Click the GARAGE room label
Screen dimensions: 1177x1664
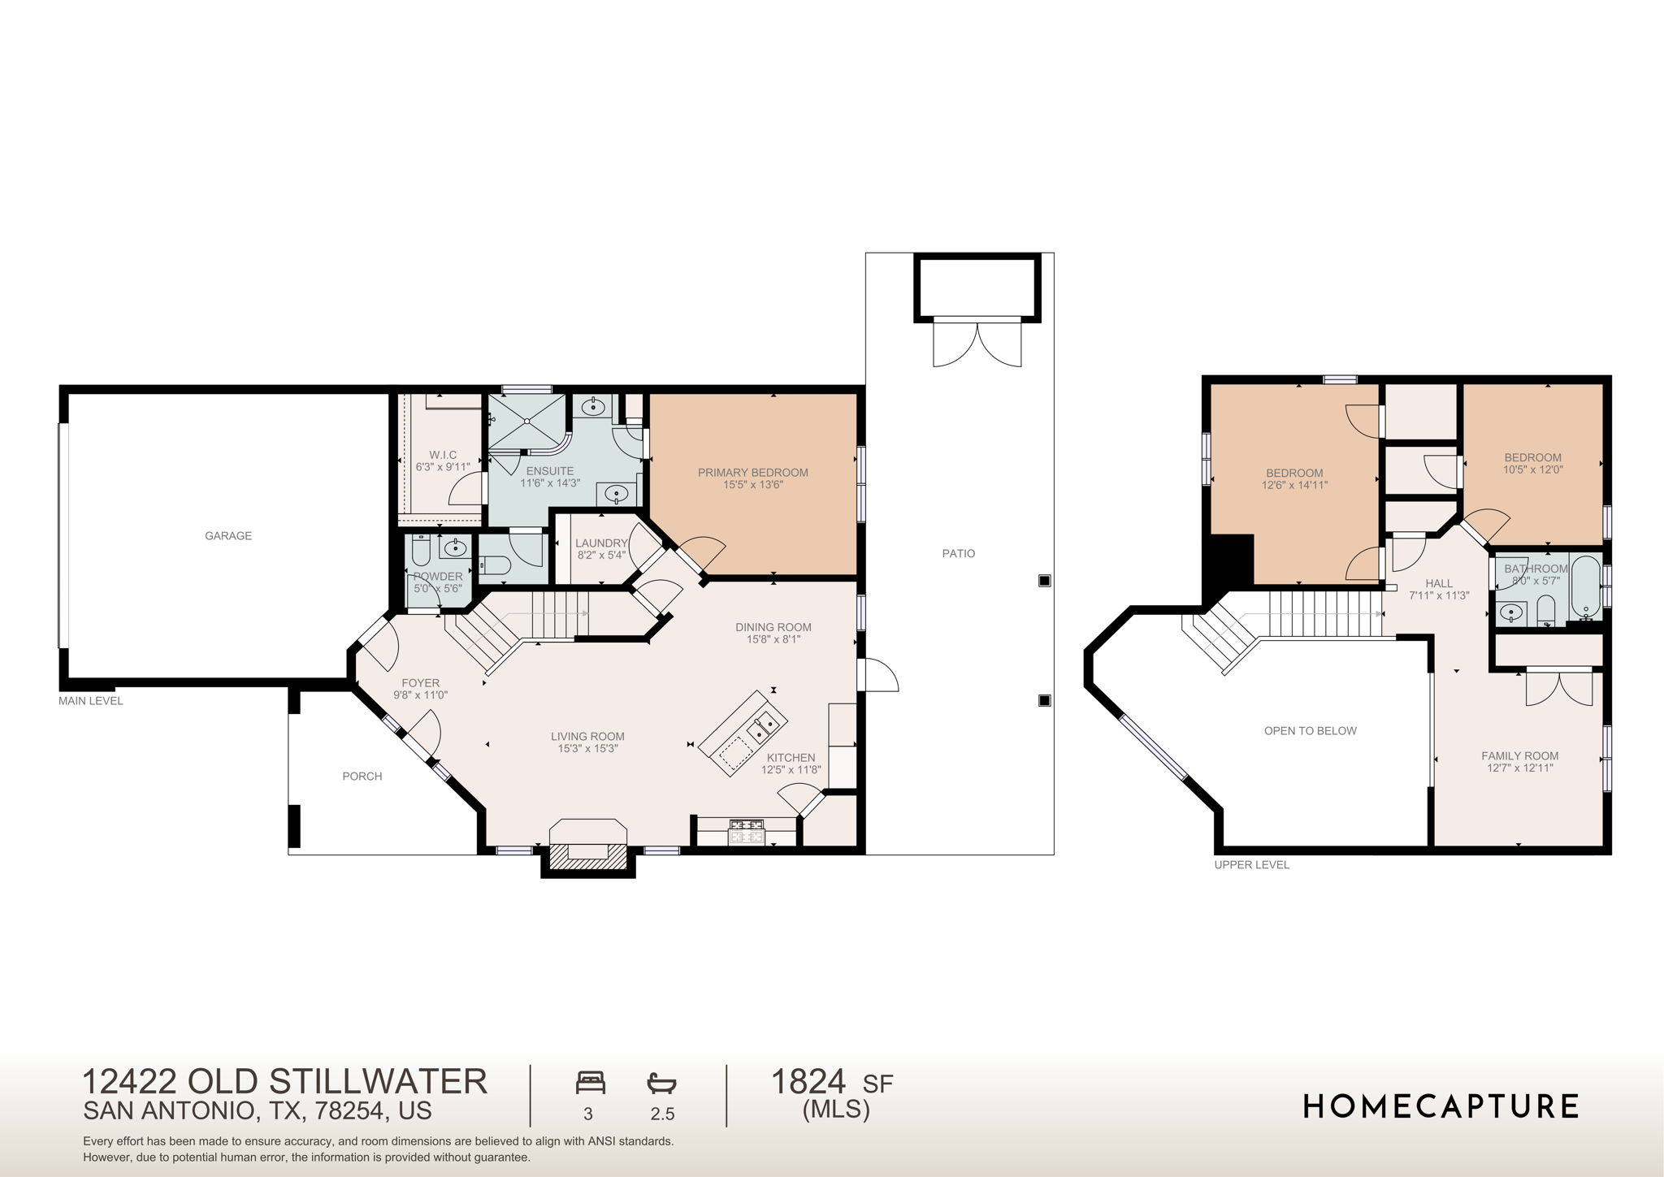(227, 536)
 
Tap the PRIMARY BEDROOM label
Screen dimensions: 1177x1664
(752, 473)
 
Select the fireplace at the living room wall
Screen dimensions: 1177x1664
(588, 850)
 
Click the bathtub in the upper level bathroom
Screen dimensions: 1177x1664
(1585, 586)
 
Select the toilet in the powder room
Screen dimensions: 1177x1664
(421, 553)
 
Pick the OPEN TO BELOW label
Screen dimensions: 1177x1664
(1310, 731)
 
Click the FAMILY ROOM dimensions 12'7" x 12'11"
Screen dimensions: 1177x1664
(1519, 768)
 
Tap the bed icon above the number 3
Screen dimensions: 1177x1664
(591, 1083)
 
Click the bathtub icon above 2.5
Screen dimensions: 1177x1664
(661, 1083)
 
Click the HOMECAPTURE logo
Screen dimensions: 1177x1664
(1441, 1106)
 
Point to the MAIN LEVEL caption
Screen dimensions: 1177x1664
(90, 701)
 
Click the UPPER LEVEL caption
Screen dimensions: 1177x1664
(1251, 865)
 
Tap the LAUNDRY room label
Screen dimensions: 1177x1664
(601, 543)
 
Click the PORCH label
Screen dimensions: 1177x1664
(362, 777)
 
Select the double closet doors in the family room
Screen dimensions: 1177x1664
(1559, 687)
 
